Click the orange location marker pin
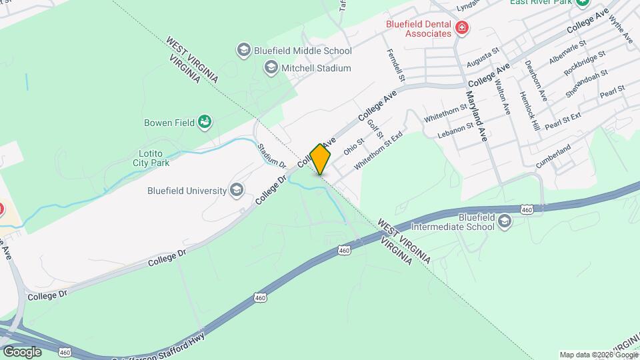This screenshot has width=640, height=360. [321, 159]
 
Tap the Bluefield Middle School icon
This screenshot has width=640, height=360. [243, 51]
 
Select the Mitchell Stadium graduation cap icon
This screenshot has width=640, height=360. [271, 67]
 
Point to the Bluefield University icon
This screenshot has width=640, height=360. [235, 191]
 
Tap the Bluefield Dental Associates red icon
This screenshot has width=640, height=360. [461, 28]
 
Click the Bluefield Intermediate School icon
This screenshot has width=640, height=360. [505, 222]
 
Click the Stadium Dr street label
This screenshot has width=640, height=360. [271, 155]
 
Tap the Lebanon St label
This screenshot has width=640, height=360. [455, 129]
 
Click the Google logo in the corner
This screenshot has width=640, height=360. [21, 351]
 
